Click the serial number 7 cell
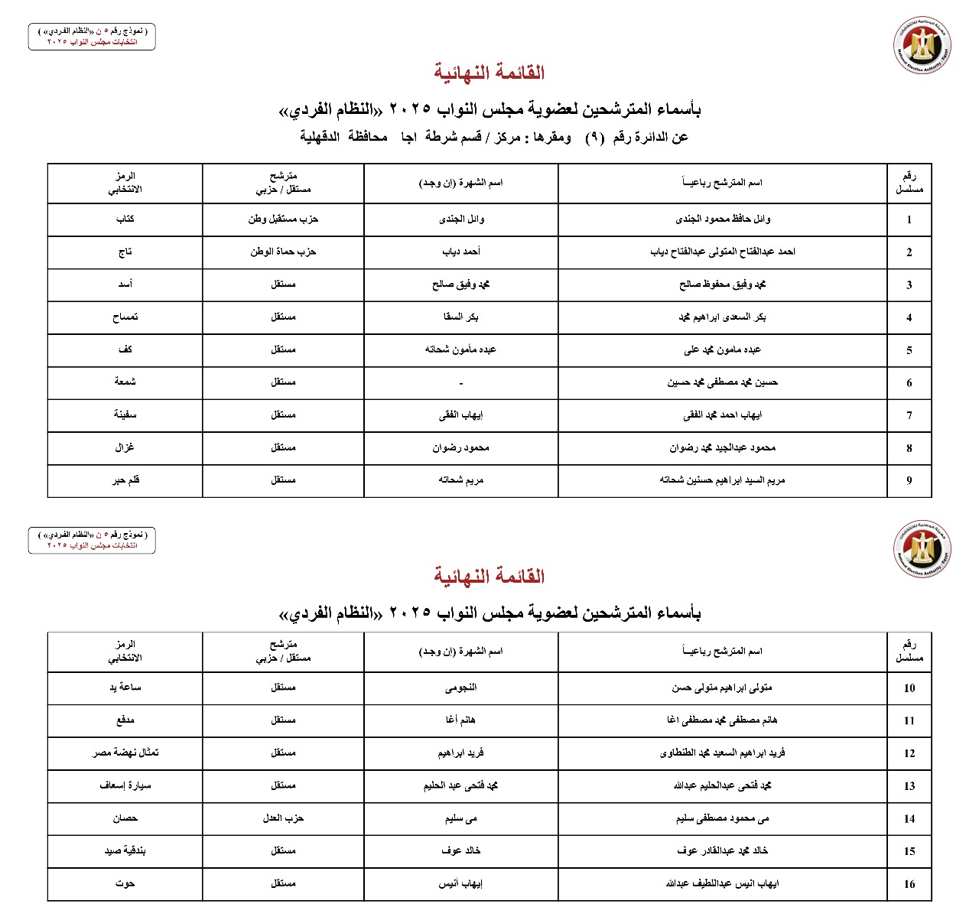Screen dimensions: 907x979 pyautogui.click(x=909, y=415)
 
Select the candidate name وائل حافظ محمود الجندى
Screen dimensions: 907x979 pyautogui.click(x=723, y=219)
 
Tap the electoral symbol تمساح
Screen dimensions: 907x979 pyautogui.click(x=125, y=317)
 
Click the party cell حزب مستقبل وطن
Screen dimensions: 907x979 pyautogui.click(x=283, y=219)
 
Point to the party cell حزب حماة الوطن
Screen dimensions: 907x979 pyautogui.click(x=283, y=252)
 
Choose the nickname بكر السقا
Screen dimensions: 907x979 pyautogui.click(x=461, y=317)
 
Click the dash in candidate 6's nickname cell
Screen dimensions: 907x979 pyautogui.click(x=461, y=382)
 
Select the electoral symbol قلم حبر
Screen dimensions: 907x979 pyautogui.click(x=125, y=480)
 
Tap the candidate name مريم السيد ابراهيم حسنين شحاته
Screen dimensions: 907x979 pyautogui.click(x=723, y=480)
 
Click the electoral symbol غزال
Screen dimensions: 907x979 pyautogui.click(x=125, y=447)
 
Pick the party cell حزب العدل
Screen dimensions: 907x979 pyautogui.click(x=283, y=818)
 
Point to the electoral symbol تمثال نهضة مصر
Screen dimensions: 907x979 pyautogui.click(x=125, y=753)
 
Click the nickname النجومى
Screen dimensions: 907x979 pyautogui.click(x=461, y=688)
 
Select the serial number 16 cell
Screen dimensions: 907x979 pyautogui.click(x=909, y=884)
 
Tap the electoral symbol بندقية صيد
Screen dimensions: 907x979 pyautogui.click(x=125, y=850)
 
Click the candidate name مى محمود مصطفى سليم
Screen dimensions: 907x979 pyautogui.click(x=723, y=818)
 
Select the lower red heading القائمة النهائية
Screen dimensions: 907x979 pyautogui.click(x=489, y=576)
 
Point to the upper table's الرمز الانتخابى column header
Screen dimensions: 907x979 pyautogui.click(x=125, y=183)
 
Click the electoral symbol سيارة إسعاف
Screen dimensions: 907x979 pyautogui.click(x=125, y=785)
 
